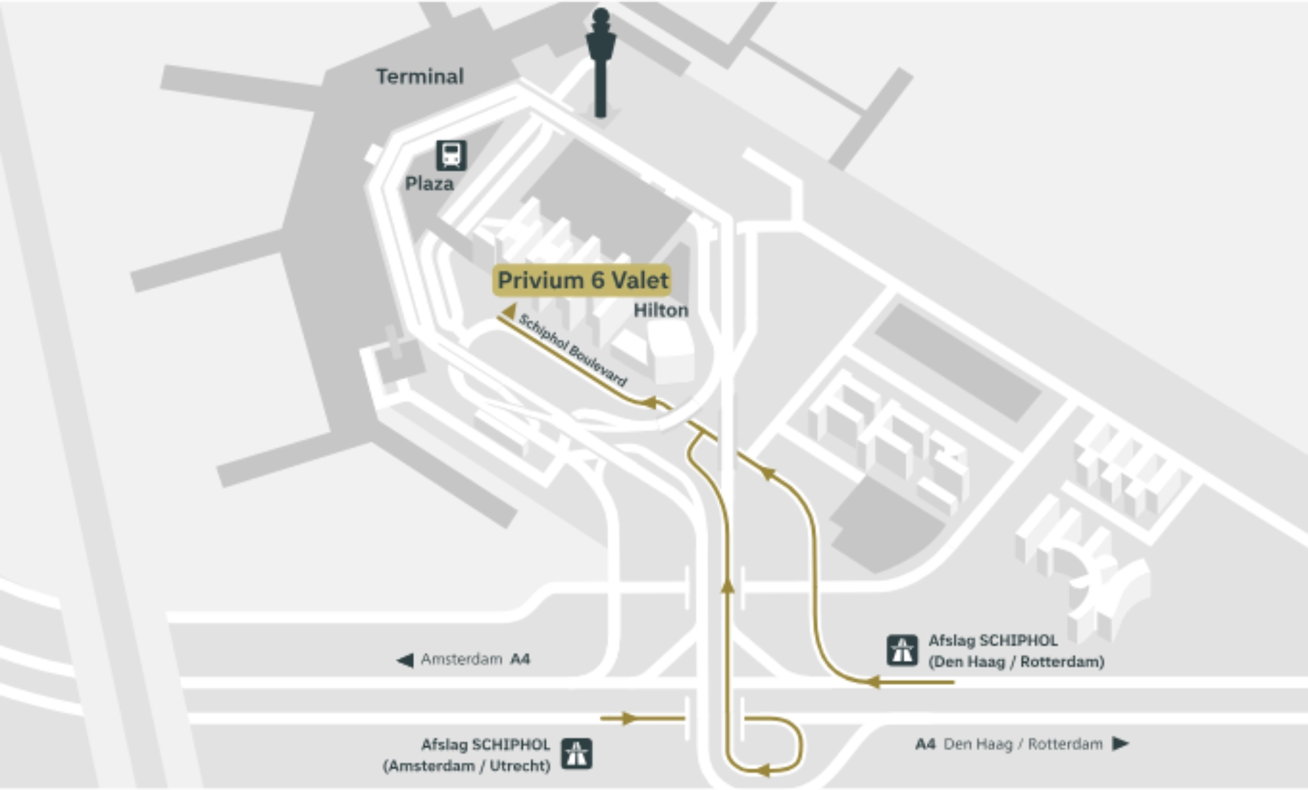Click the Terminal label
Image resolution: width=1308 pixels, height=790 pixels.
(420, 76)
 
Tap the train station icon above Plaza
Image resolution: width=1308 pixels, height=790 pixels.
(451, 155)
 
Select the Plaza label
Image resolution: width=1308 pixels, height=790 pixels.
(429, 184)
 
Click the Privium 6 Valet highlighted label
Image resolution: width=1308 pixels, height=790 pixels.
(582, 281)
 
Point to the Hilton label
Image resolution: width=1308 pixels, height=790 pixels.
(661, 311)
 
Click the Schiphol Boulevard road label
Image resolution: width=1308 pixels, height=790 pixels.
(572, 350)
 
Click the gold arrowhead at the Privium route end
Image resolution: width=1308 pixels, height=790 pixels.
(509, 311)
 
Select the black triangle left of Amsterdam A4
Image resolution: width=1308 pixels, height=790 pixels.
(405, 660)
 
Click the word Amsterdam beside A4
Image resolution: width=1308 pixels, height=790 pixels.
(461, 659)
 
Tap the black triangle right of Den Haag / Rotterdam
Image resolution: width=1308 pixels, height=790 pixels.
(1120, 743)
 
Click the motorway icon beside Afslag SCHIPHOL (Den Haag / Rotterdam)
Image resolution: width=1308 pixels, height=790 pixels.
(902, 650)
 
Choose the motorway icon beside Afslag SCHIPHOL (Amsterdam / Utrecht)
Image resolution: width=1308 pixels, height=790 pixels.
(576, 754)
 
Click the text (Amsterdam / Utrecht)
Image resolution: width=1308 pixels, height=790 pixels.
(467, 766)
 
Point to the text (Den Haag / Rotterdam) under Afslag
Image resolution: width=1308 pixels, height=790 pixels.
(1016, 662)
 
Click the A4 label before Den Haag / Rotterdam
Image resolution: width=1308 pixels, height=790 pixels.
(925, 744)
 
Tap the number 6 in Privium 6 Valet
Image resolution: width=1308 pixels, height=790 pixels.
(597, 281)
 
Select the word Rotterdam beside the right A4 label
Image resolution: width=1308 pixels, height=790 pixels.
(1065, 744)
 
